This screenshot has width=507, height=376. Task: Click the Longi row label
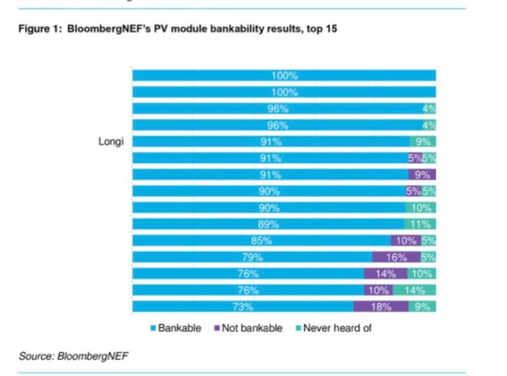pos(111,141)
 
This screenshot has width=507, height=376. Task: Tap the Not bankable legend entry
pos(252,328)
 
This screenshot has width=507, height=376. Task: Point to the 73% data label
pos(242,307)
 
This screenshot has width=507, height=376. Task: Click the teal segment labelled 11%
pos(420,224)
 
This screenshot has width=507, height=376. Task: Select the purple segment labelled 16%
pos(396,257)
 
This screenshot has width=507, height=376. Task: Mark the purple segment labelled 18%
pos(381,307)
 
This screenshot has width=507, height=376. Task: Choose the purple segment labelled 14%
pos(385,274)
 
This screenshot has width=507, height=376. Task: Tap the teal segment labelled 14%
pos(415,290)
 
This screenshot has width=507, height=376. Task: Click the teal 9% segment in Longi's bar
pos(422,141)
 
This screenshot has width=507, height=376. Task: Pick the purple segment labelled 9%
pos(422,174)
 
